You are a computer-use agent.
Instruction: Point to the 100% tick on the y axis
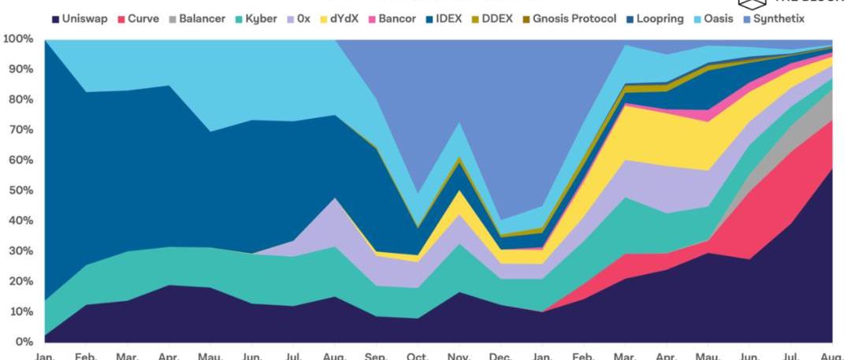pos(17,39)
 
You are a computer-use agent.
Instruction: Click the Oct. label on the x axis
pos(418,356)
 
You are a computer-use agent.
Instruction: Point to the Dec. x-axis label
pos(500,356)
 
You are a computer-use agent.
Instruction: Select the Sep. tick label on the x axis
pos(376,356)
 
